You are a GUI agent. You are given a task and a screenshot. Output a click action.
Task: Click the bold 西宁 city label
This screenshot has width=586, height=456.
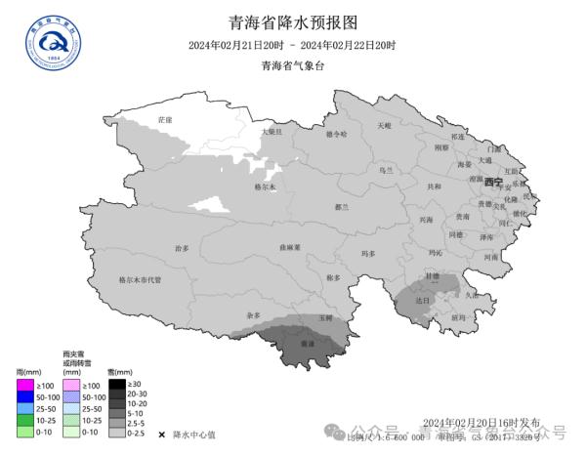(x=493, y=183)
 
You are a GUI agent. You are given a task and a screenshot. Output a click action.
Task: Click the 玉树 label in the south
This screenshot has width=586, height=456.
(x=325, y=318)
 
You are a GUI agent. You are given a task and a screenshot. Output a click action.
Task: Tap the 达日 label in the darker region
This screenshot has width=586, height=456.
(x=422, y=301)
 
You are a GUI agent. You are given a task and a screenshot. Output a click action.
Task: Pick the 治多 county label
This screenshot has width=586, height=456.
(x=182, y=248)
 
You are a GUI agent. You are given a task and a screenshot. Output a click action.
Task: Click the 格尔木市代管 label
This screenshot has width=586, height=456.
(x=140, y=279)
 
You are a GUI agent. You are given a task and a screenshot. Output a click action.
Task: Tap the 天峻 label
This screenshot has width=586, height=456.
(x=384, y=125)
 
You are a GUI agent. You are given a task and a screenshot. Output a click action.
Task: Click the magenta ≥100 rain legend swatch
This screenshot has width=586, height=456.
(x=25, y=386)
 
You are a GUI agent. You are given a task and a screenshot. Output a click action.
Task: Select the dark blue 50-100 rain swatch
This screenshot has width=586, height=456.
(x=25, y=397)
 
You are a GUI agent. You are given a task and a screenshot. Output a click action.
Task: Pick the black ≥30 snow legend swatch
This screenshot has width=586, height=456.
(x=116, y=383)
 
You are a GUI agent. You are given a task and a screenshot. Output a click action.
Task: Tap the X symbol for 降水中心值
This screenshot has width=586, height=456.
(x=161, y=434)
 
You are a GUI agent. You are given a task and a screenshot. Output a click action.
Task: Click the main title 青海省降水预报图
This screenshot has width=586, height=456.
(x=292, y=23)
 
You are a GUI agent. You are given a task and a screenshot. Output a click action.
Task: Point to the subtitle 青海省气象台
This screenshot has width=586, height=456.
(x=292, y=66)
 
